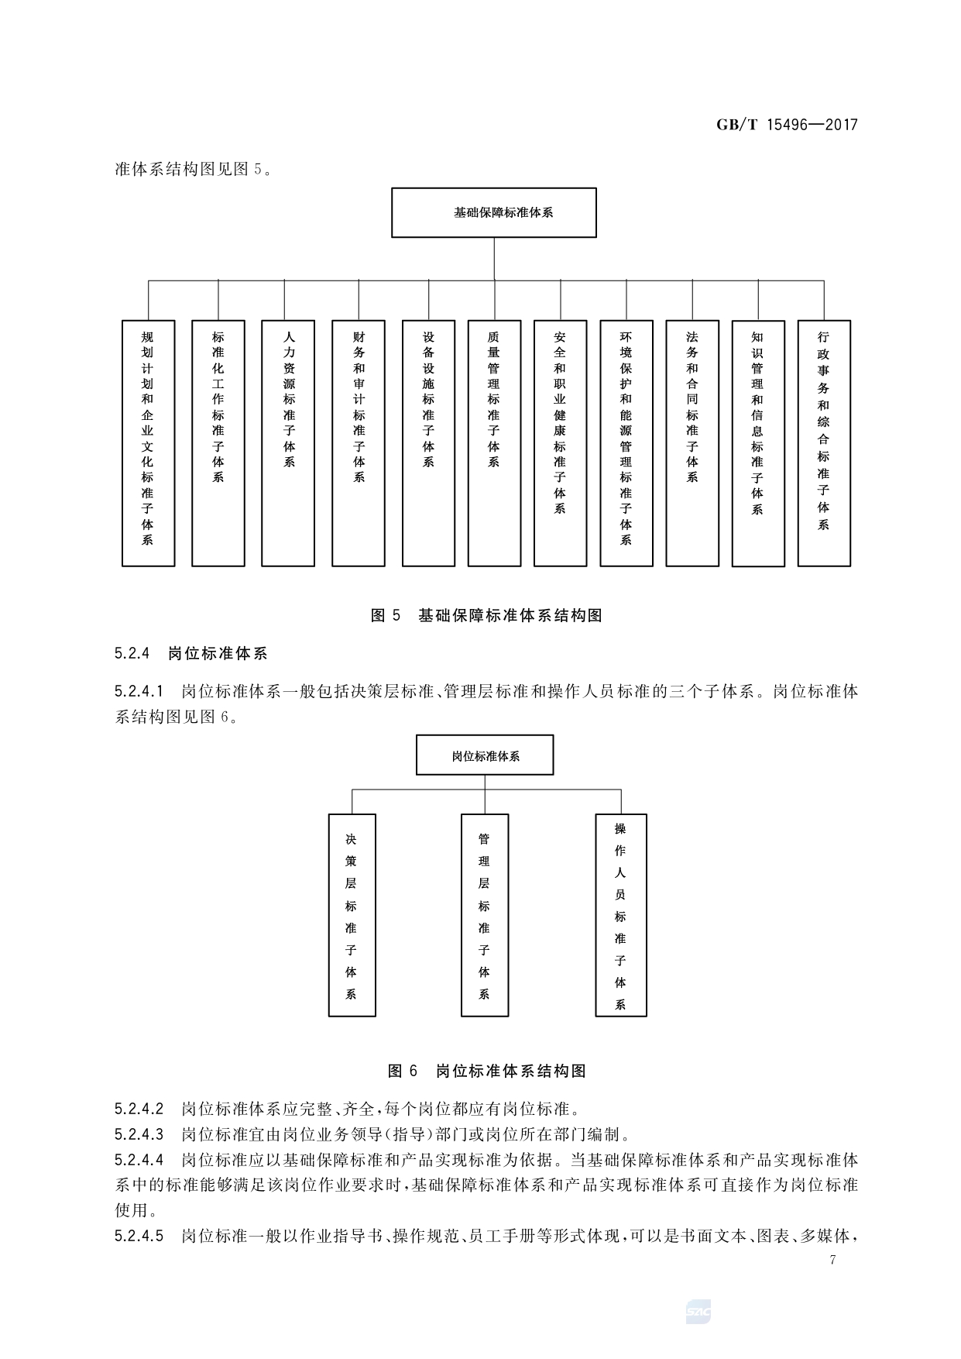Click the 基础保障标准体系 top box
[493, 212]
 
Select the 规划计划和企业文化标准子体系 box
[148, 442]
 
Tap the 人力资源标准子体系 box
[288, 442]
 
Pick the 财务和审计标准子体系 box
[359, 442]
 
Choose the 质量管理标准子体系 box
[494, 442]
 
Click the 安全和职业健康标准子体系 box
[560, 442]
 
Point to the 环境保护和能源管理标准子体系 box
[626, 442]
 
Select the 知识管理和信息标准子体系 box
[757, 443]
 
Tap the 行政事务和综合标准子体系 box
[824, 442]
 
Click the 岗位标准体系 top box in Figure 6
[485, 755]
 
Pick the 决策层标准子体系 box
[352, 915]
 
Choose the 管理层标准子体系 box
[485, 915]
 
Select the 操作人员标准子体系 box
[620, 915]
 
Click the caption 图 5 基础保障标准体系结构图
[486, 616]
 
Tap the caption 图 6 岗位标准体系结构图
[486, 1071]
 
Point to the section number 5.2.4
[131, 653]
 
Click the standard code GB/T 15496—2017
[787, 125]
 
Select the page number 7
[832, 1260]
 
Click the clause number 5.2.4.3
[139, 1135]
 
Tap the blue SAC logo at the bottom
[698, 1313]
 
